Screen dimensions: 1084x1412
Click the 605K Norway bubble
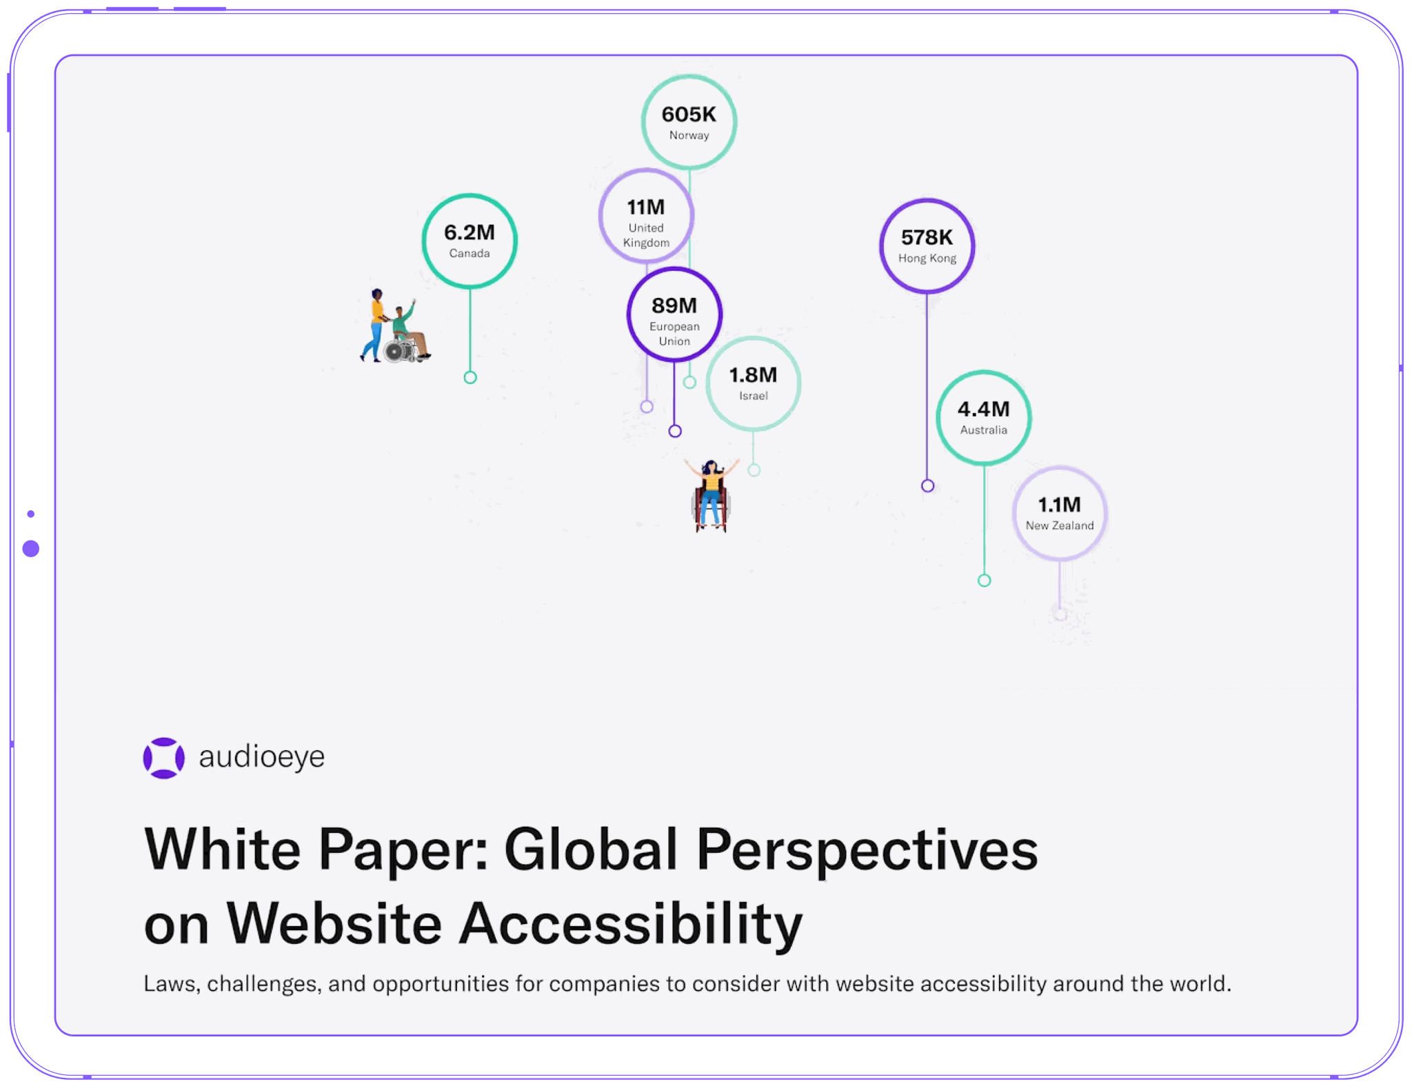tap(689, 122)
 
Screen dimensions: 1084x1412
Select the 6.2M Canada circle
tap(470, 241)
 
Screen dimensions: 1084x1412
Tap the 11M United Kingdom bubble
tap(646, 216)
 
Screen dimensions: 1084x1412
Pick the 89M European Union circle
tap(674, 314)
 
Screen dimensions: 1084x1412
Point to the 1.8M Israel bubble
tap(753, 383)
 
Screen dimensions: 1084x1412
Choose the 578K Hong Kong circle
tap(927, 245)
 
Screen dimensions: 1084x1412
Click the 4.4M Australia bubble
tap(984, 417)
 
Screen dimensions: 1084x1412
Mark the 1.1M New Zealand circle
tap(1060, 513)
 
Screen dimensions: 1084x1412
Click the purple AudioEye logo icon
tap(163, 758)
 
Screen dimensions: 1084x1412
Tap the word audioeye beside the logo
tap(261, 757)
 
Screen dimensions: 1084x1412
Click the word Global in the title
tap(591, 850)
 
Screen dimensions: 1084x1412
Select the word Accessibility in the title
tap(631, 924)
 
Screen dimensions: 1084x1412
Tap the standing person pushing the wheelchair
tap(376, 324)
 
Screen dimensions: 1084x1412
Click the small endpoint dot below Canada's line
tap(470, 377)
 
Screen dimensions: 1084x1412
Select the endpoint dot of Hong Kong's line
tap(928, 486)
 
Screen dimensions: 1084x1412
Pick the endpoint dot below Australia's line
tap(985, 581)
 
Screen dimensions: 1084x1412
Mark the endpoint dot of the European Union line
tap(675, 431)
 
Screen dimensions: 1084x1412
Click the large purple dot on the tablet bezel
tap(31, 549)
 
